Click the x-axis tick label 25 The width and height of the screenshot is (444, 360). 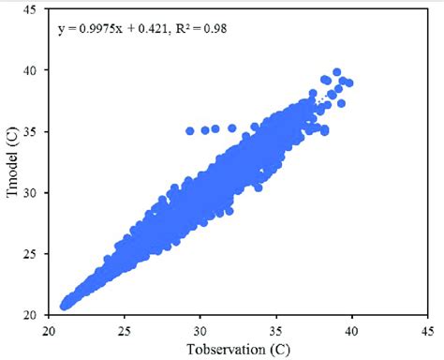tap(125, 330)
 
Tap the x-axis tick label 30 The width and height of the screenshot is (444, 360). tap(200, 330)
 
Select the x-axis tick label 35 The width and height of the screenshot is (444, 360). tap(276, 330)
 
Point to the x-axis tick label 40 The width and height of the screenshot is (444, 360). tap(352, 330)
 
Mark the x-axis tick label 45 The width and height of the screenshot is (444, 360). tap(427, 330)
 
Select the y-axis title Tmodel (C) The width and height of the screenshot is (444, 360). tap(11, 166)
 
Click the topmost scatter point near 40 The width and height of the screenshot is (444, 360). tap(337, 72)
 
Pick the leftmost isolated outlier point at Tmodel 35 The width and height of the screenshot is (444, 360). tap(190, 131)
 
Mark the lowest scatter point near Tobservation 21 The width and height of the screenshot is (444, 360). tap(65, 305)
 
